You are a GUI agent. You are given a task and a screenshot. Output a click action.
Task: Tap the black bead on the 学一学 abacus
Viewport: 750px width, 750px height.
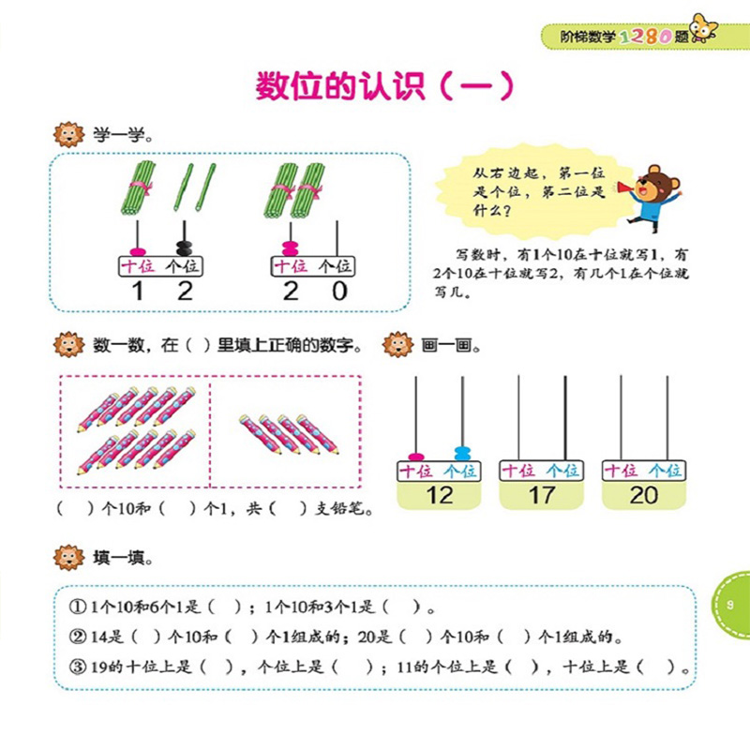point(184,248)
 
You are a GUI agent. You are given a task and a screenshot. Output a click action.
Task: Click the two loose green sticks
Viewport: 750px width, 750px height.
point(195,187)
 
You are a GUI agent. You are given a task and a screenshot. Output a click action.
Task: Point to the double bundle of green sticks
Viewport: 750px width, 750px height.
point(294,191)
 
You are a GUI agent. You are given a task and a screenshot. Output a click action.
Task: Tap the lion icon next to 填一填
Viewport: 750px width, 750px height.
point(69,558)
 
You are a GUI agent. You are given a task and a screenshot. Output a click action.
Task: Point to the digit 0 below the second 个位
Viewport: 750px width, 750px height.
point(338,291)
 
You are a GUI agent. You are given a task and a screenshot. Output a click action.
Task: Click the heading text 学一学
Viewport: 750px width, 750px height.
point(122,134)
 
